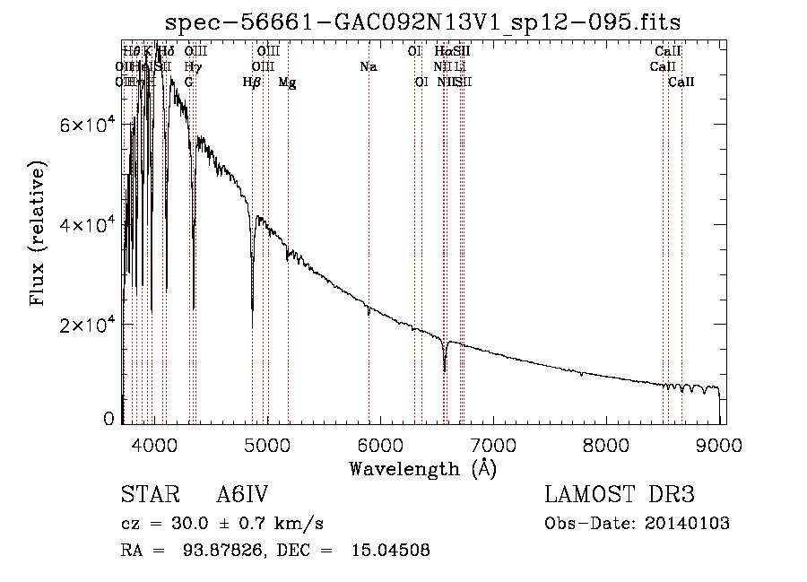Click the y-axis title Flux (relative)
(39, 234)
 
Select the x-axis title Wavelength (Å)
(422, 468)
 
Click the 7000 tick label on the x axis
(493, 444)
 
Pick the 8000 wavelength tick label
(606, 444)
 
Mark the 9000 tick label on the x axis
(719, 444)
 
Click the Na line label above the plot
(368, 66)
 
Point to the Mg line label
(287, 82)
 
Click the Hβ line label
(252, 82)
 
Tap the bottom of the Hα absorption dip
(445, 369)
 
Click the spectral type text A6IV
(243, 496)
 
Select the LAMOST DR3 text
(619, 496)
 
